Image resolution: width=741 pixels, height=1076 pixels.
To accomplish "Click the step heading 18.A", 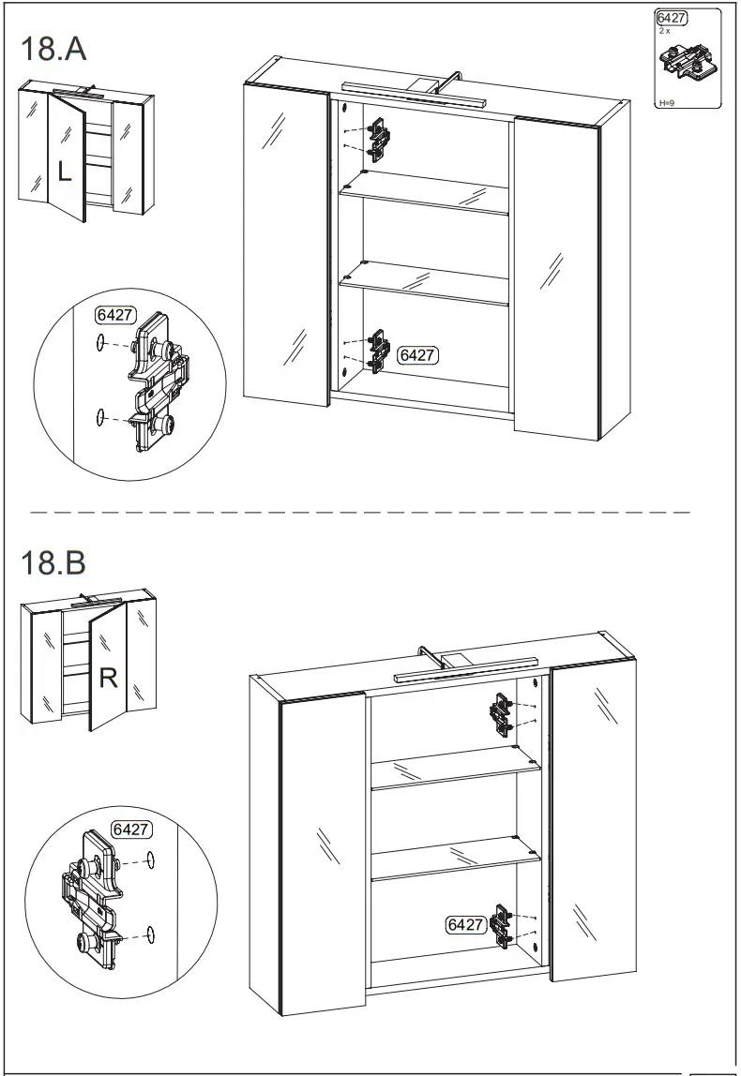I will click(53, 49).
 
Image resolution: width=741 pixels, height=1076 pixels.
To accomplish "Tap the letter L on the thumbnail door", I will click(63, 172).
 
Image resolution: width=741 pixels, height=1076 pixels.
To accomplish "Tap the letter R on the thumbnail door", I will click(108, 678).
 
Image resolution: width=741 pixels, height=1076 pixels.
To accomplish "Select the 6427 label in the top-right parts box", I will click(672, 18).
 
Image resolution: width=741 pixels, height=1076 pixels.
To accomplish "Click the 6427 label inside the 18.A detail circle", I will click(113, 315).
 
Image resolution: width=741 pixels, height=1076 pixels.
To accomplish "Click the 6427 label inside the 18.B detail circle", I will click(131, 829).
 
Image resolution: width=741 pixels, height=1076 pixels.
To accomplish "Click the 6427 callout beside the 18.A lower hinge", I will click(417, 355).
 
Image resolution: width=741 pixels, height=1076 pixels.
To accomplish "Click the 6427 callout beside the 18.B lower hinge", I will click(464, 924).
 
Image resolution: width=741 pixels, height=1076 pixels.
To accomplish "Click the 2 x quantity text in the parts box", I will click(665, 31).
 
